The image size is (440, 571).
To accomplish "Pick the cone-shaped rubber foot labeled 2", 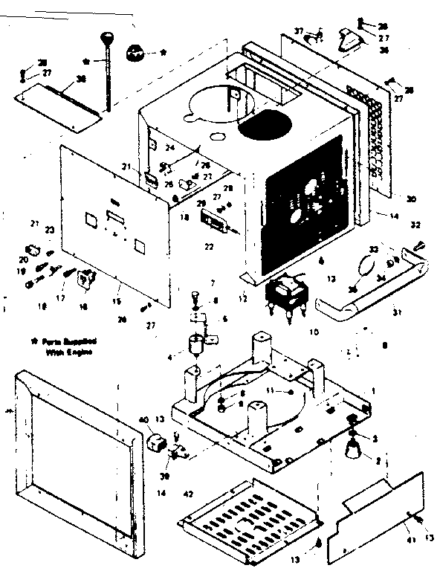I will tap(352, 450).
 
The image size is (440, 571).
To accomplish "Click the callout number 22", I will tap(210, 246).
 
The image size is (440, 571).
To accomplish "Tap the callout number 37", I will tap(300, 30).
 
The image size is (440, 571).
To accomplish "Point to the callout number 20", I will tap(24, 259).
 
